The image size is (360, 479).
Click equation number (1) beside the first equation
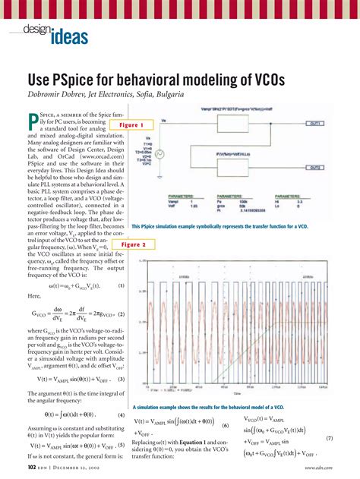(121, 285)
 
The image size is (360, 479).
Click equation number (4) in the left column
(121, 415)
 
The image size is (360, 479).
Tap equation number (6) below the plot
(226, 427)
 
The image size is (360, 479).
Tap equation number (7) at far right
(350, 439)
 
